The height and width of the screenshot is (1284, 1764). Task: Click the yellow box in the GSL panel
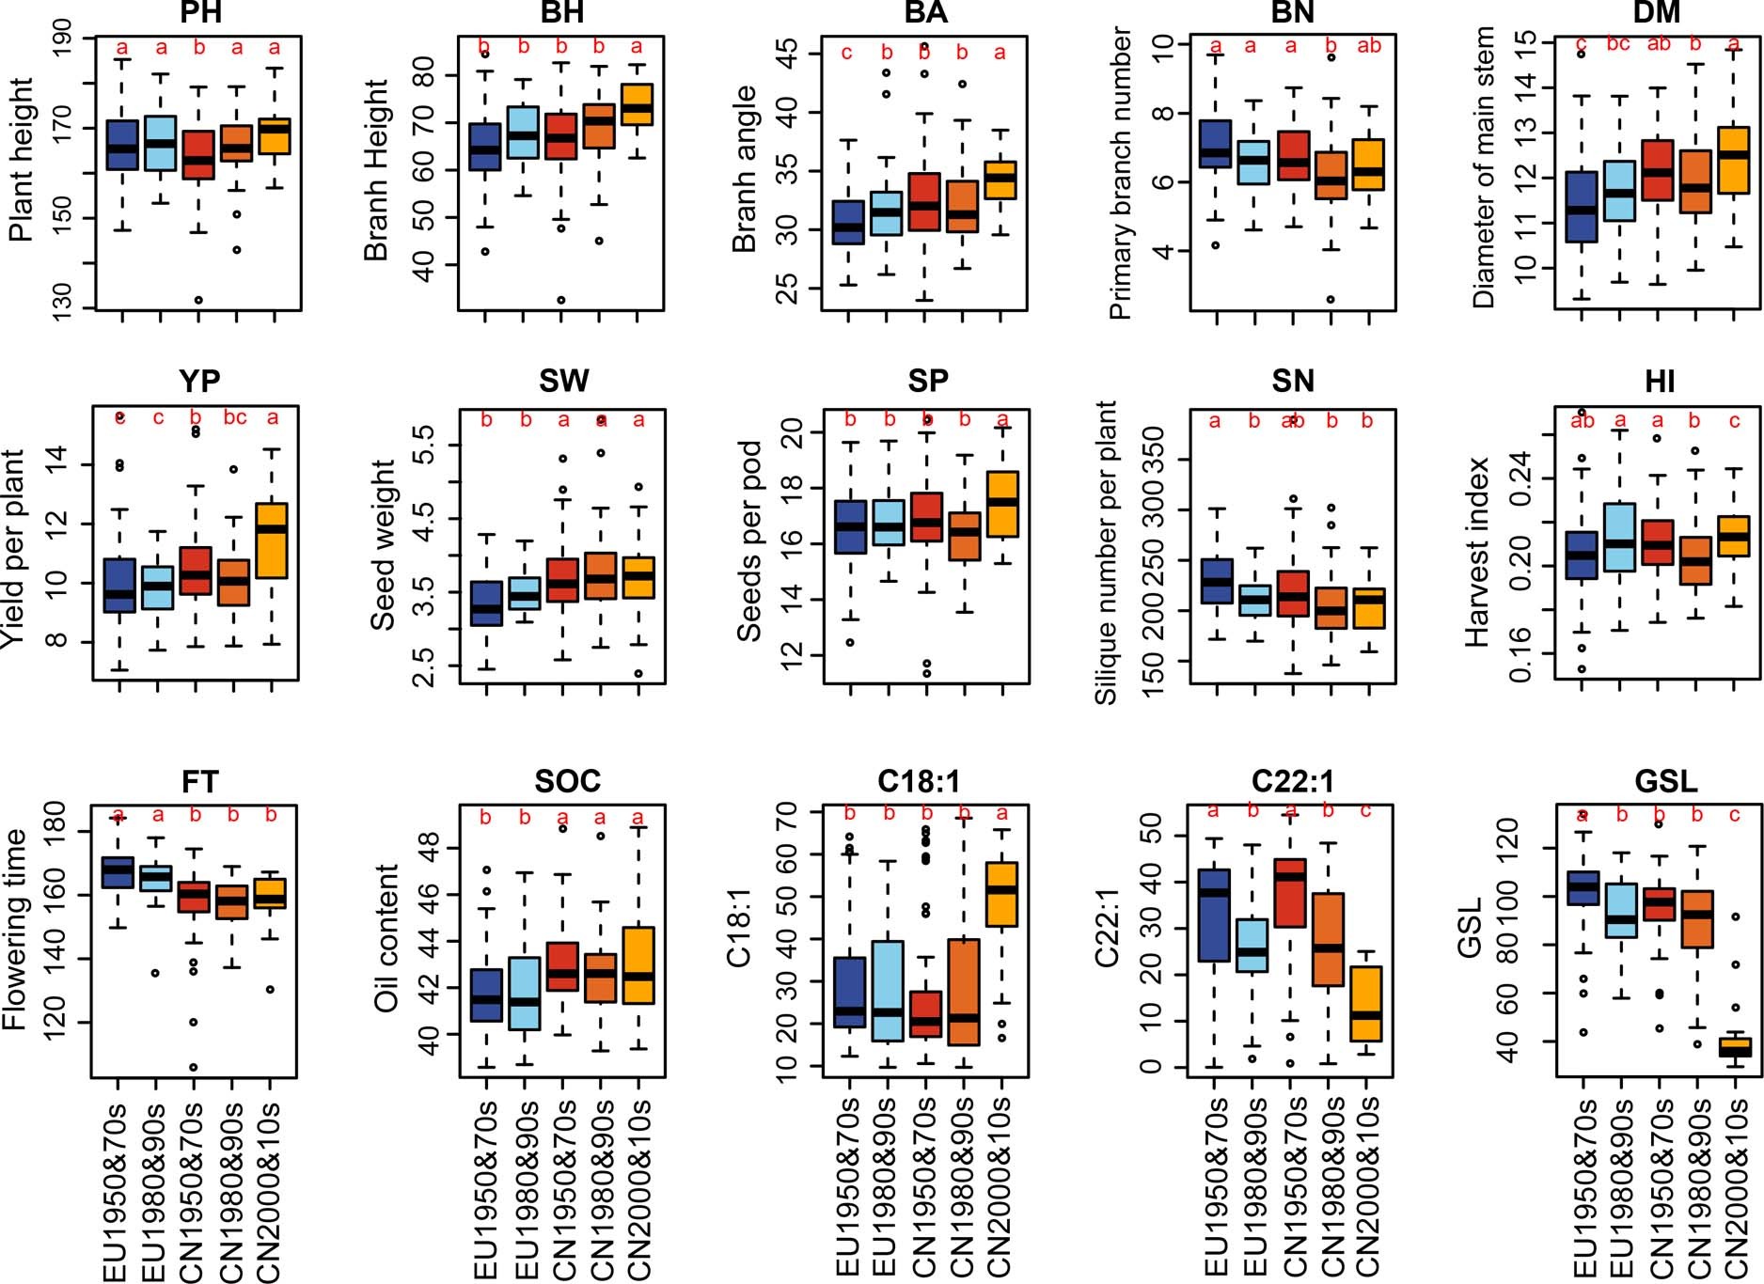1735,1046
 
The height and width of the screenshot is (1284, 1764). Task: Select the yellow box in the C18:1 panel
1001,894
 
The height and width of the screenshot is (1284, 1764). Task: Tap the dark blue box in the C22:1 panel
1215,915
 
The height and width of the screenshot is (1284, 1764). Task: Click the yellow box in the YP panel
273,540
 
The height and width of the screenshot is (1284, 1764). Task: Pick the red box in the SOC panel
562,966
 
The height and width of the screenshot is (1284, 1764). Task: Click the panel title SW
563,381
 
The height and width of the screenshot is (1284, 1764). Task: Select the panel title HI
1660,381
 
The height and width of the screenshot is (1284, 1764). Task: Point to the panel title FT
199,781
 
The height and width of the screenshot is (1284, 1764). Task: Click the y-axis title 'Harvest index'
1477,552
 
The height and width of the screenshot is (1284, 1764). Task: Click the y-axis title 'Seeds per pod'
748,541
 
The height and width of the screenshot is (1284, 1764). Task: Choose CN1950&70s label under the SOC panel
563,1188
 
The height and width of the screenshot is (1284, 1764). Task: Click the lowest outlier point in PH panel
198,300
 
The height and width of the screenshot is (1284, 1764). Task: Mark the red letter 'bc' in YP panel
235,418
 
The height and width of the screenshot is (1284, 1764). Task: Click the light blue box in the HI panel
1620,537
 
